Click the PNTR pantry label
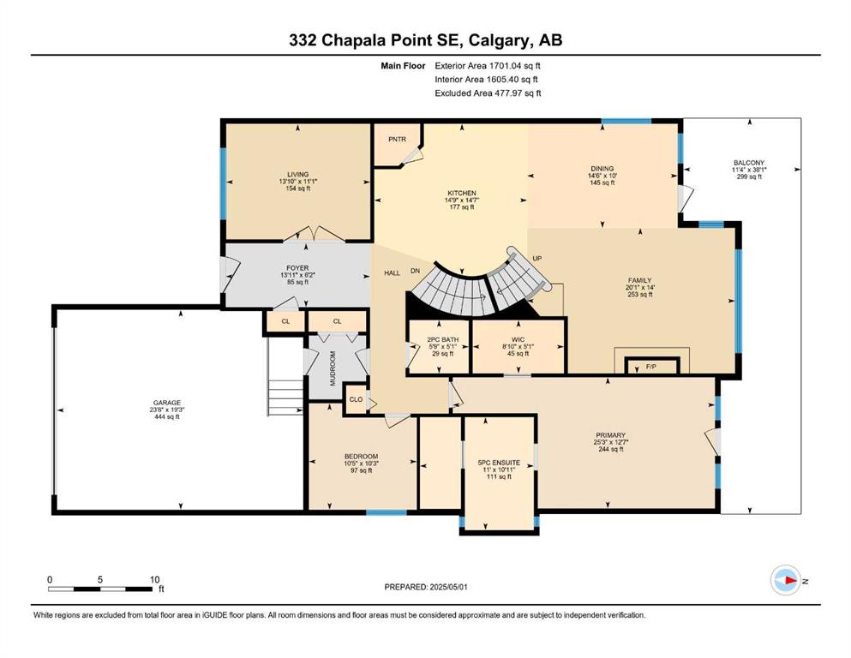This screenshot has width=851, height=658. (398, 140)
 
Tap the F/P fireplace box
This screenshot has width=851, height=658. (651, 366)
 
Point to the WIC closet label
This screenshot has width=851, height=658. (518, 339)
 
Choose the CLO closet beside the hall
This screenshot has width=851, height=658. (356, 399)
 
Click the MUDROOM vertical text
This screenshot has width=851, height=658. (333, 368)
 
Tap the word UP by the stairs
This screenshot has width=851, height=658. (537, 258)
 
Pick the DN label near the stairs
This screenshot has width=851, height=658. (415, 271)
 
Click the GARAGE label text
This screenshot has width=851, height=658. (166, 403)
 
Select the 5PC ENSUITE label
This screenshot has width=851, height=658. (499, 463)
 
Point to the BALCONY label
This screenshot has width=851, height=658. (749, 163)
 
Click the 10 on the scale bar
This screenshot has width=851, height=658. (154, 579)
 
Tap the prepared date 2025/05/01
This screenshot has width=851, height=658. (448, 587)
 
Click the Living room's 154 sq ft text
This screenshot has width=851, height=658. (298, 188)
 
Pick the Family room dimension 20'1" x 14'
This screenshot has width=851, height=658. (640, 288)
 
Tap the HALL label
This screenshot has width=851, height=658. (392, 272)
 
